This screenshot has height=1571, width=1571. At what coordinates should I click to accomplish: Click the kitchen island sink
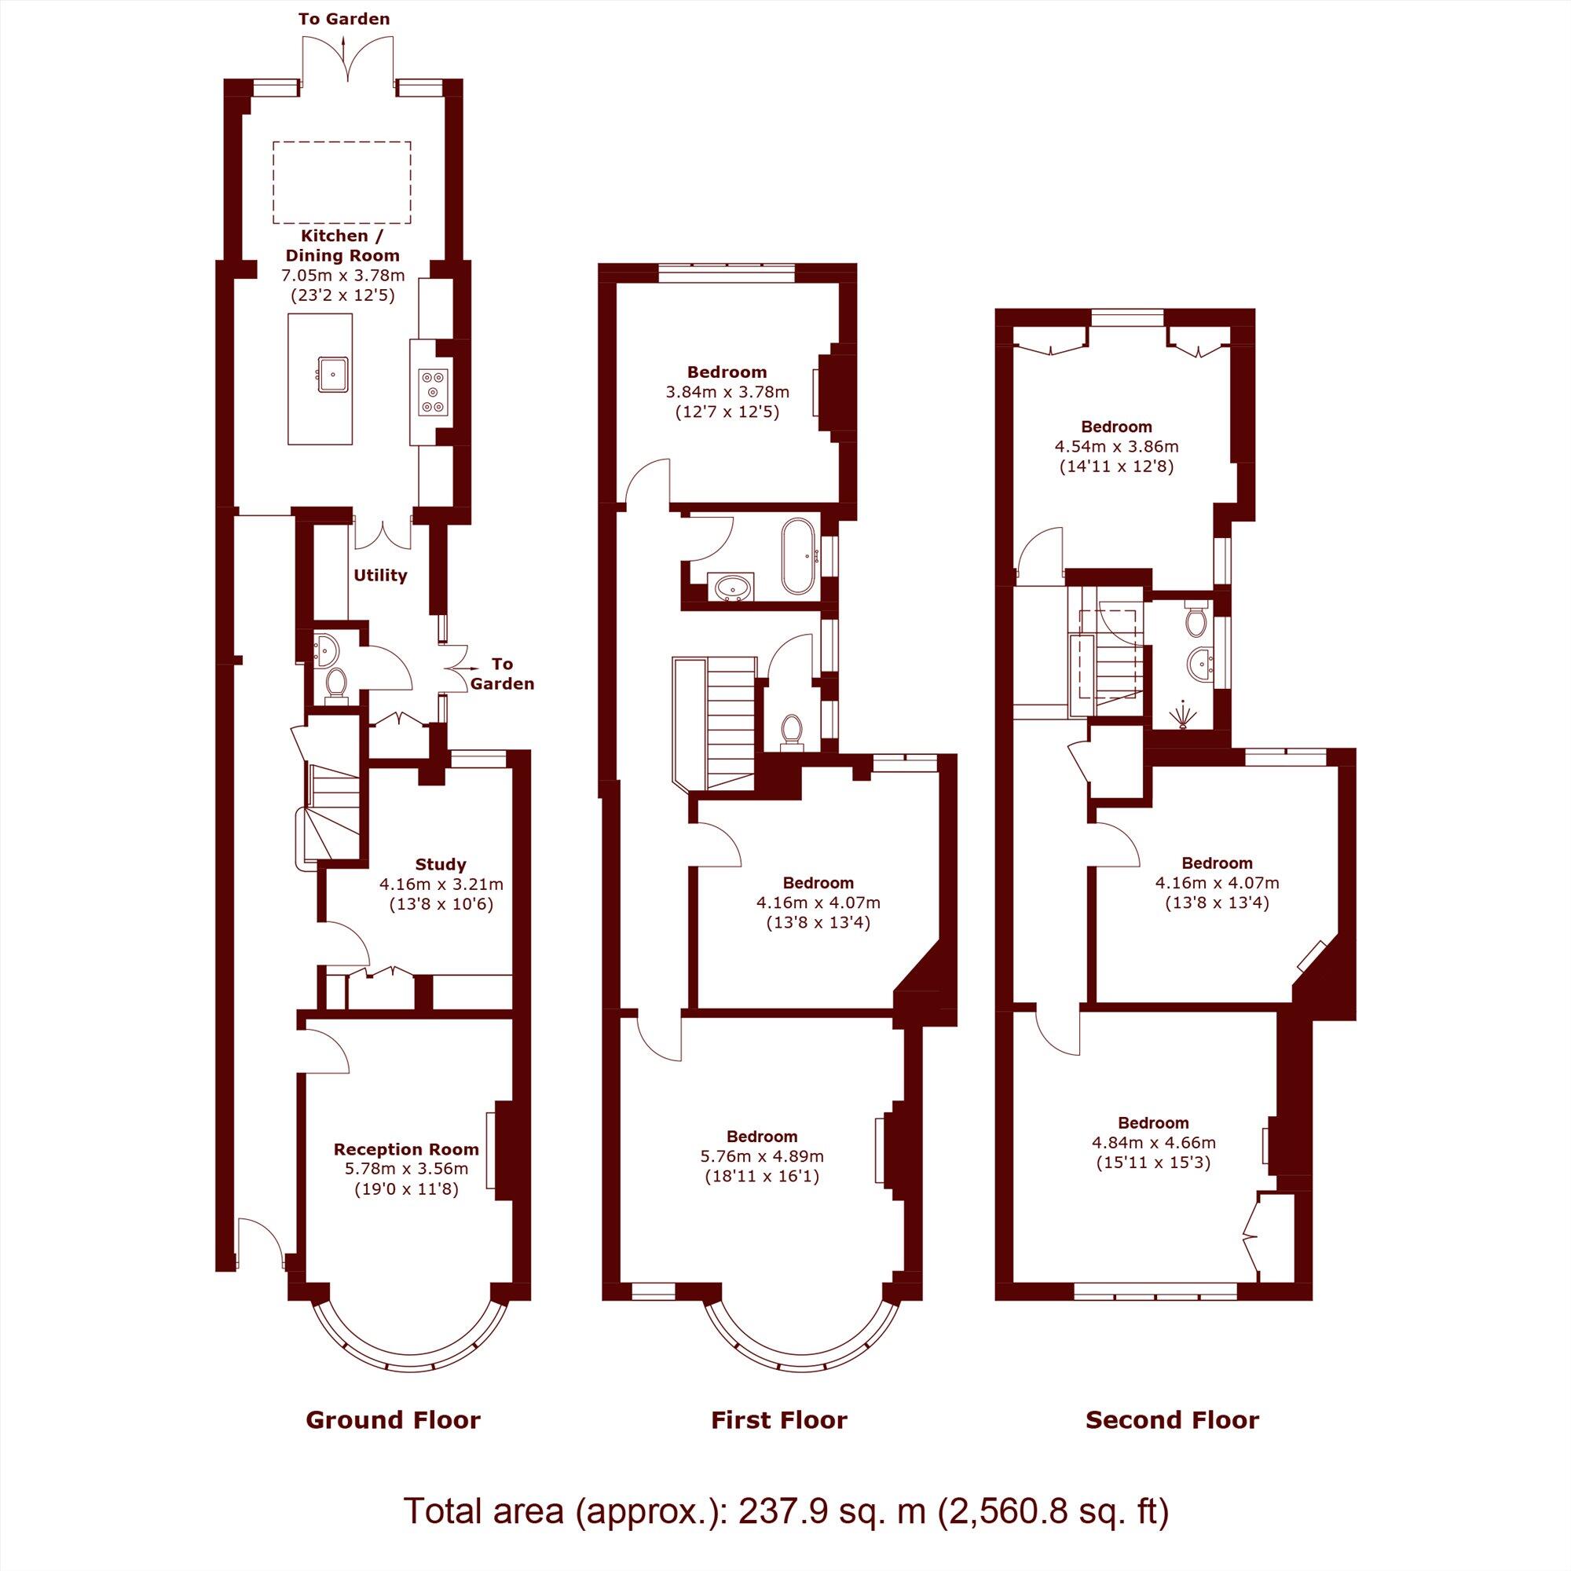[x=335, y=375]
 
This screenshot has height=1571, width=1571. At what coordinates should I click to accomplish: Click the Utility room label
[x=379, y=576]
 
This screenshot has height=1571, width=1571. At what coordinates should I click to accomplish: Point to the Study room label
[x=441, y=864]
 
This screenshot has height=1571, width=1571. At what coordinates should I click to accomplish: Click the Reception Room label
[x=406, y=1149]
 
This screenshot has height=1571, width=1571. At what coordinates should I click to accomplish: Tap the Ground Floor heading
[x=393, y=1419]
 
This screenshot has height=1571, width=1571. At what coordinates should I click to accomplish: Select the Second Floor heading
[x=1172, y=1419]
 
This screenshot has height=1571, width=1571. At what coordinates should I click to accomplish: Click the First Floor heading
[x=779, y=1419]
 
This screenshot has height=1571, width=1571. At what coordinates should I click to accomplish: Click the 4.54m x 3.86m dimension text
[x=1116, y=446]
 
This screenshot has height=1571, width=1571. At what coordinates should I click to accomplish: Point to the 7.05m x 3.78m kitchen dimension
[x=342, y=276]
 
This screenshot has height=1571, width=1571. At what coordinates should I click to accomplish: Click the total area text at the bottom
[x=785, y=1511]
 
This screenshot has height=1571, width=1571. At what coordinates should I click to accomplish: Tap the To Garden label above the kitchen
[x=344, y=19]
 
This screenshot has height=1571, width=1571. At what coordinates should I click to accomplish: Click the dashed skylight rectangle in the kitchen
[x=342, y=182]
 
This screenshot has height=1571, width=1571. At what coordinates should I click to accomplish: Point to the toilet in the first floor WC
[x=790, y=730]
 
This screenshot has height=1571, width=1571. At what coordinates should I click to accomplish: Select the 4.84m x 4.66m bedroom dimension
[x=1153, y=1142]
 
